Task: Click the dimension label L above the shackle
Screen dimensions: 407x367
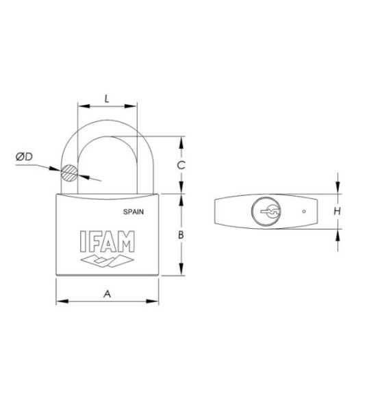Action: tap(107, 98)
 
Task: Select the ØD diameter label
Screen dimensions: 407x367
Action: tap(24, 158)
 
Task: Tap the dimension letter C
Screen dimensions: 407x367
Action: tap(180, 165)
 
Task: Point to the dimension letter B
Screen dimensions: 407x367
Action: tap(180, 235)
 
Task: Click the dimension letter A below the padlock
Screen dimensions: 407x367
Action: tap(107, 293)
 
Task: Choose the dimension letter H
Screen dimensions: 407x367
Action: tap(337, 212)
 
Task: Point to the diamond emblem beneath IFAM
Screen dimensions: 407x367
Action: tap(107, 261)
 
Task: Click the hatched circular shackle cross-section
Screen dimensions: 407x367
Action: tap(70, 173)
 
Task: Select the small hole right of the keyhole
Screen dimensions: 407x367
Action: tap(303, 211)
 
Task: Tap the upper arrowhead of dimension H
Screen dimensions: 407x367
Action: tap(338, 190)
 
